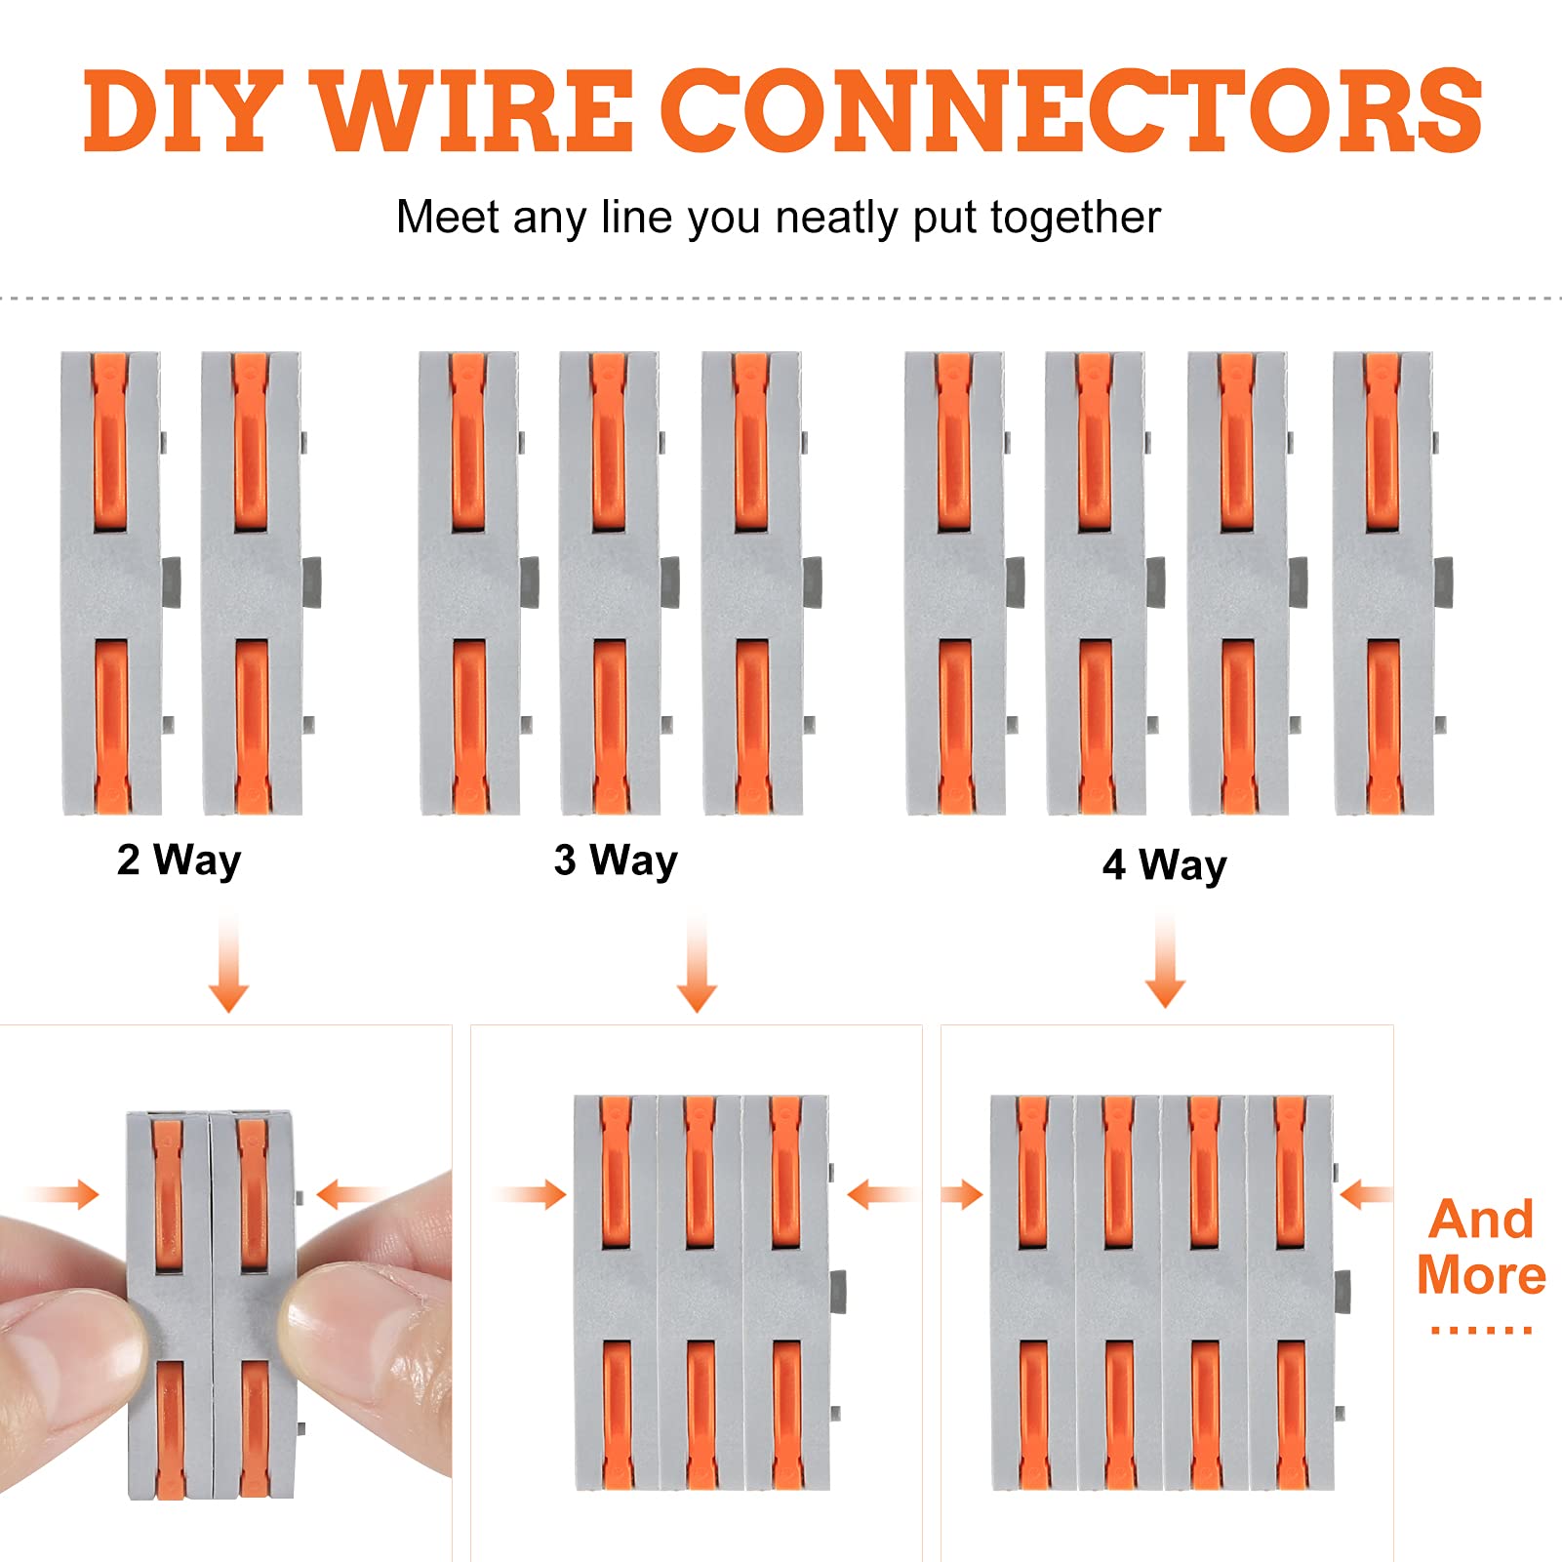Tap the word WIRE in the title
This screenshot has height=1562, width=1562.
477,111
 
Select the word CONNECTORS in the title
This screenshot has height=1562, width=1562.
1072,111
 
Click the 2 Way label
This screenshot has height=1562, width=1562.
179,861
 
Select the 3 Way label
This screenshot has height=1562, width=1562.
616,861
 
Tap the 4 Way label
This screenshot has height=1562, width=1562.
1164,865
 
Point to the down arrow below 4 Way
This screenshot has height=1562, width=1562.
1165,960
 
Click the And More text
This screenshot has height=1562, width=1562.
1481,1248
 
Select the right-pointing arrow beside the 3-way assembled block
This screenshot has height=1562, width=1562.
532,1194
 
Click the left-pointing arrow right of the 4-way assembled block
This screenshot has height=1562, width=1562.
1366,1194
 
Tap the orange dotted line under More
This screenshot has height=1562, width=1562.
1481,1330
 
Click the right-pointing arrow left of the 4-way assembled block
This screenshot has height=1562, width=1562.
964,1194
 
